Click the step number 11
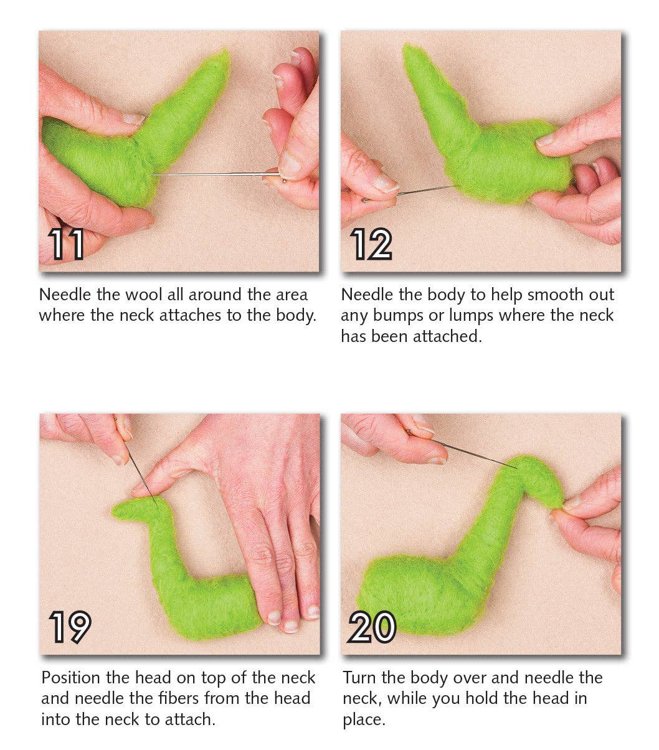[67, 244]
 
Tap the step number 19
[70, 627]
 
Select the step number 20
[372, 627]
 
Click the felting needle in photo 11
[212, 174]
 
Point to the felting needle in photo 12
[424, 190]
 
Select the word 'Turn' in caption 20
[361, 678]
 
